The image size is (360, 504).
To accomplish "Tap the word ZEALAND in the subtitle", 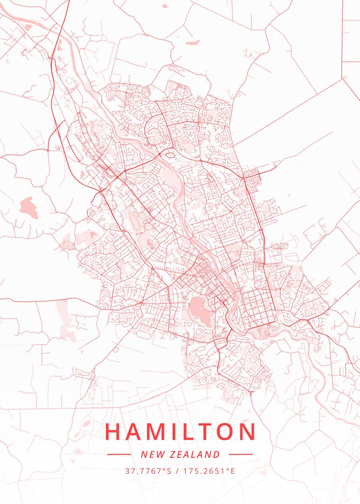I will tap(195, 454).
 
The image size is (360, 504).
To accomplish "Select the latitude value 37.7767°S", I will tap(148, 471).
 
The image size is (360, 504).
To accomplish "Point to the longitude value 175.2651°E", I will tap(209, 471).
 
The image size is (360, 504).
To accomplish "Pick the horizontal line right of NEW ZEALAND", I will tap(241, 454).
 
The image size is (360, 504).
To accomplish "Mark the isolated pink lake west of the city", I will tap(29, 207).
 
